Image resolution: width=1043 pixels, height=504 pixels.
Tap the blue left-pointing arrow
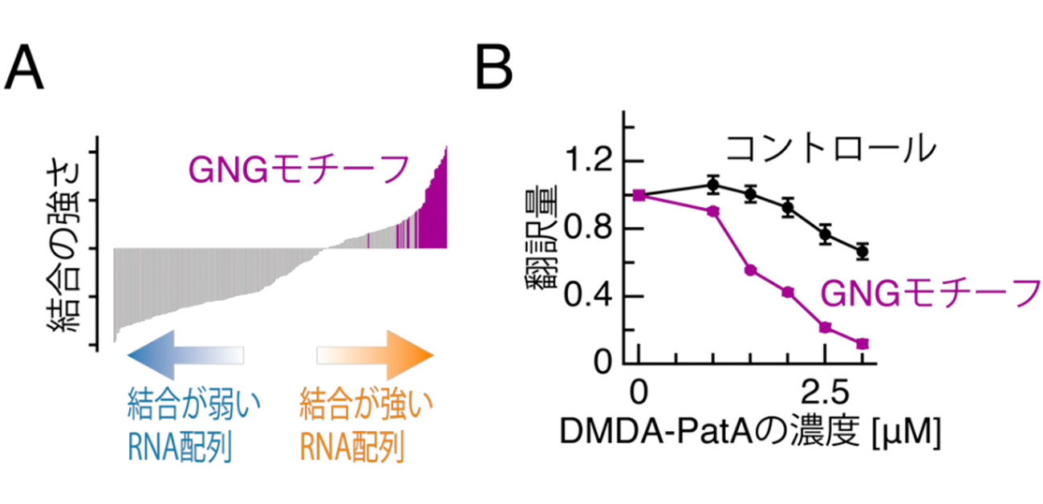click(185, 355)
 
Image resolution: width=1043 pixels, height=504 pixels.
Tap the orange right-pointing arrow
click(375, 355)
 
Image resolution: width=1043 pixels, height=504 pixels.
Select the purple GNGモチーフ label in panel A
click(298, 170)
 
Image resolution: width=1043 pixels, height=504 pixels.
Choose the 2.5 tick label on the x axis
click(826, 393)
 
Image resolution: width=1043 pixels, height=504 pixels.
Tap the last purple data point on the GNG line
click(862, 343)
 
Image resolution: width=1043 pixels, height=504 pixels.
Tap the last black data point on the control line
click(862, 251)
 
